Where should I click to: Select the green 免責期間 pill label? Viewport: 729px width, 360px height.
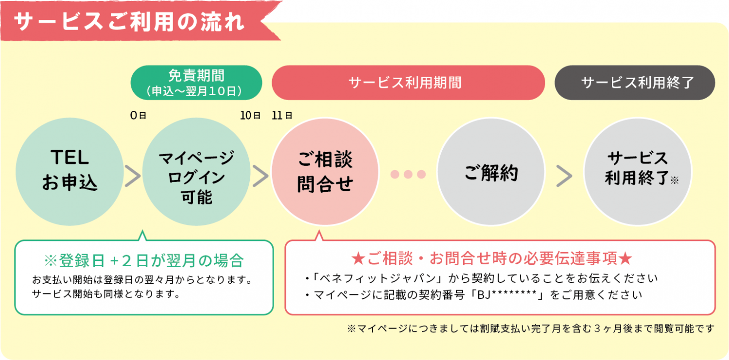point(196,83)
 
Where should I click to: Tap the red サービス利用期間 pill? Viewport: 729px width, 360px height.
point(408,83)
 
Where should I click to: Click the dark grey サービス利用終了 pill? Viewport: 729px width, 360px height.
point(635,83)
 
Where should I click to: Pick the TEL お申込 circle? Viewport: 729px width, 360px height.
point(69,171)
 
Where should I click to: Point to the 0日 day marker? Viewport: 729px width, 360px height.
point(139,116)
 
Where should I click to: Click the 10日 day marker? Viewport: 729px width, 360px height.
point(250,116)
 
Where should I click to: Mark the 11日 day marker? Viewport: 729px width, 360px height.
point(282,116)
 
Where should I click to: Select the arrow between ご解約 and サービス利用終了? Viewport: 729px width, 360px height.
point(564,176)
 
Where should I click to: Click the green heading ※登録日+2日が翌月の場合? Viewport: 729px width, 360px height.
point(144,261)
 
